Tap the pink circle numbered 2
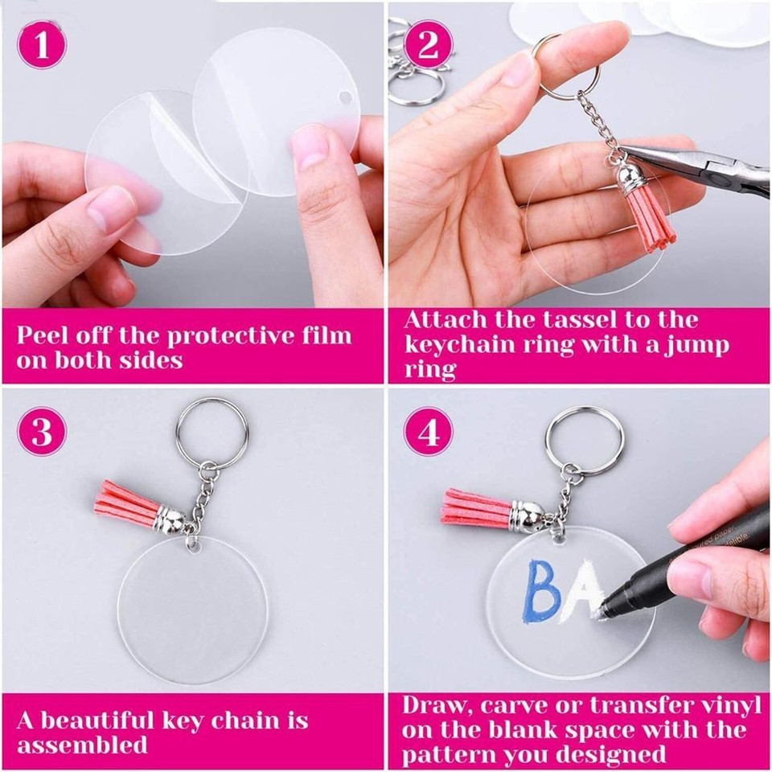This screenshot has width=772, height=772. coord(427,44)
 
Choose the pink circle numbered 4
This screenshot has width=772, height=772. coord(427,432)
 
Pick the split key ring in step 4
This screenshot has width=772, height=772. coord(584,438)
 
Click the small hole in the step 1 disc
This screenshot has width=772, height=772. coord(345,97)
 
